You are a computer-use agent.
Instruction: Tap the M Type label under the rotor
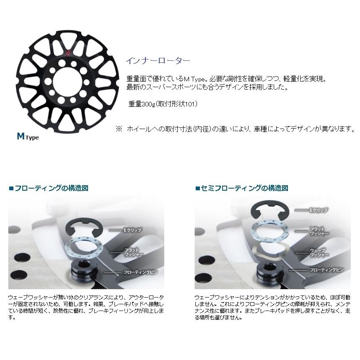28,136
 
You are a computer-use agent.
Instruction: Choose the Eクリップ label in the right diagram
319,209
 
